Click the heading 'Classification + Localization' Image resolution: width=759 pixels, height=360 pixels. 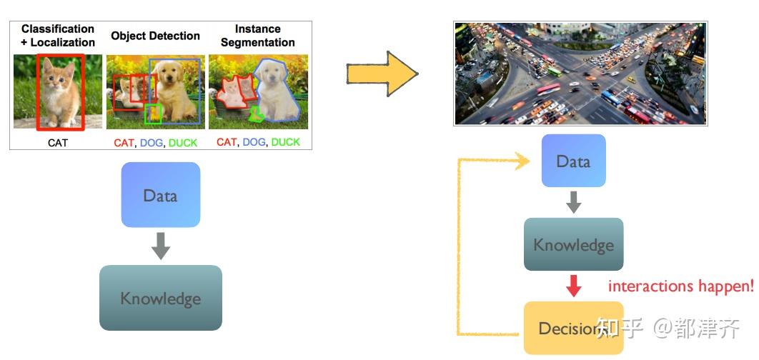pos(58,36)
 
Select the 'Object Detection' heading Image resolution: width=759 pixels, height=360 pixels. pos(155,36)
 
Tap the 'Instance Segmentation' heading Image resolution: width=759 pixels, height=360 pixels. pos(257,36)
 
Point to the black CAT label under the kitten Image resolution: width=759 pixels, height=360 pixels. pos(58,143)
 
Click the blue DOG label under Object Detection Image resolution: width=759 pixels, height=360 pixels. pos(152,143)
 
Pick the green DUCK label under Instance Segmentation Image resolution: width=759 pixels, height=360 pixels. pos(286,142)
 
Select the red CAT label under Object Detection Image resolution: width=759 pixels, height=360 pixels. pos(124,143)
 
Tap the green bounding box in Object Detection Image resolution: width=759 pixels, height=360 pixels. pos(153,113)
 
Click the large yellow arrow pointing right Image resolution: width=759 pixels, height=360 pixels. pos(382,74)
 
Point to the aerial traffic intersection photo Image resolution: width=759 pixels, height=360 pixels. pos(580,74)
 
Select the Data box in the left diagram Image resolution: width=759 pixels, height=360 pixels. pos(161,195)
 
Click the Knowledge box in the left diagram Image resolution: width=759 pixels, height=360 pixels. pos(161,298)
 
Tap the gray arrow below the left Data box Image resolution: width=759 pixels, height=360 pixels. pos(161,246)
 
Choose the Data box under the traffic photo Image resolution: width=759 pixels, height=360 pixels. pos(573,161)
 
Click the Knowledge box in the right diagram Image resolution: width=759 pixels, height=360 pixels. pos(573,245)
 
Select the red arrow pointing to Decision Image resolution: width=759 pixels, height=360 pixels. pos(573,286)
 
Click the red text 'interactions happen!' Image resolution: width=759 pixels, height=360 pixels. pos(680,286)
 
